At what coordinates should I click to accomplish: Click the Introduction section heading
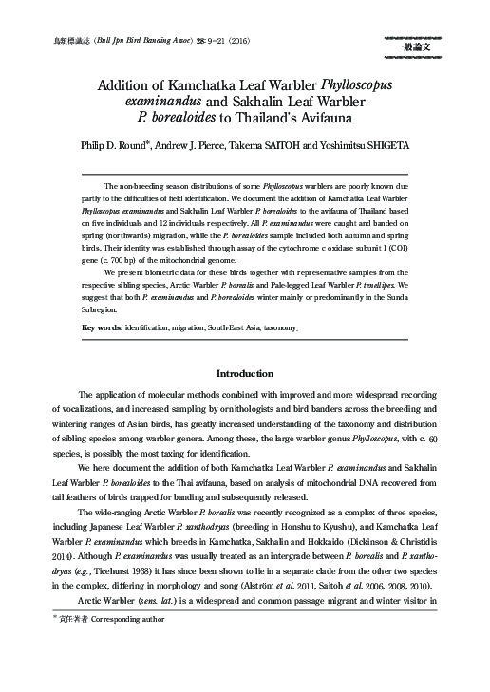245,374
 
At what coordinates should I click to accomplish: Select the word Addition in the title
130,85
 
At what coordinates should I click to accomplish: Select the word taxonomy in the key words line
301,327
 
